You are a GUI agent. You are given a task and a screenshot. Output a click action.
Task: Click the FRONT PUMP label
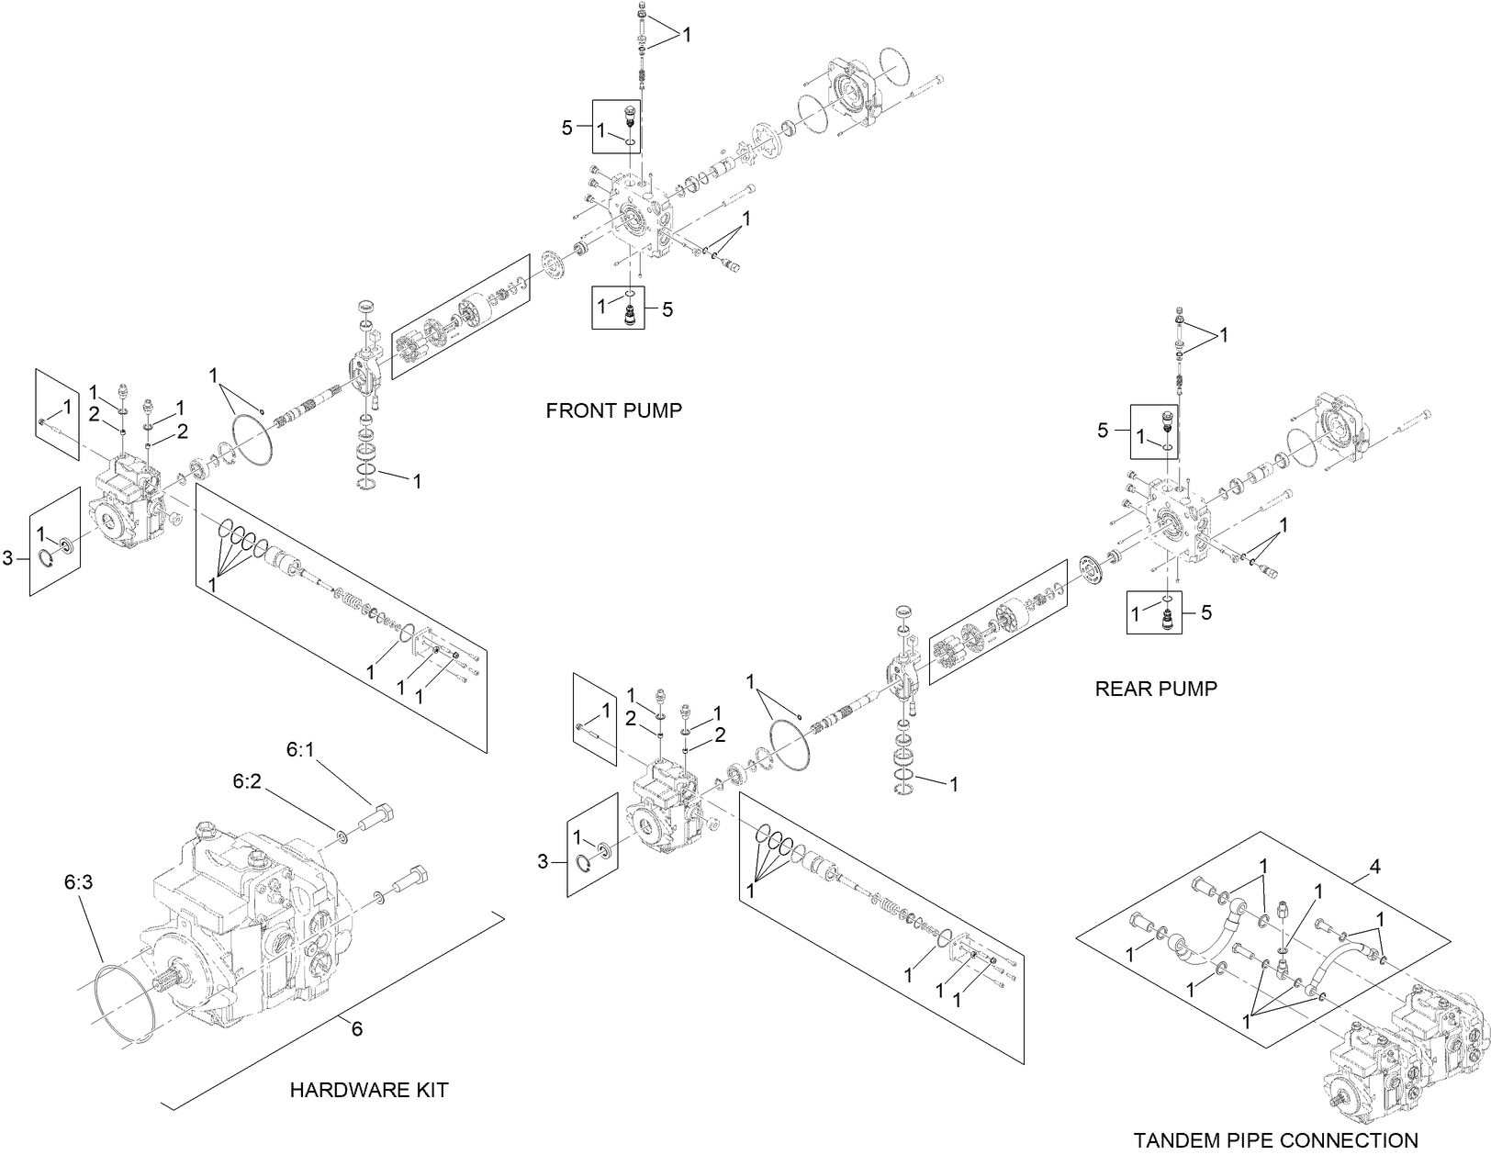(613, 410)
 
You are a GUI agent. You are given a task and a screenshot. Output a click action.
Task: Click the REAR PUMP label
(1155, 688)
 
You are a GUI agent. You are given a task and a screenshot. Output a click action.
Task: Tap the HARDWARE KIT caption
(369, 1090)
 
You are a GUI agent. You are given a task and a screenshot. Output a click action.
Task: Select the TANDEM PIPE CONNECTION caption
(1275, 1139)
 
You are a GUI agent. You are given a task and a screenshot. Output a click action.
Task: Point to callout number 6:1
(300, 750)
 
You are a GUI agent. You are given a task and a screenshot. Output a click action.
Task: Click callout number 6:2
(247, 781)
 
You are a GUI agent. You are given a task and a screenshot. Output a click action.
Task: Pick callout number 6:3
(79, 882)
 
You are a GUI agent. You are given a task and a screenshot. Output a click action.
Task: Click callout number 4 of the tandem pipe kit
(1374, 867)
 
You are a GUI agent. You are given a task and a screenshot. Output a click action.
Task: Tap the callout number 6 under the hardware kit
(357, 1029)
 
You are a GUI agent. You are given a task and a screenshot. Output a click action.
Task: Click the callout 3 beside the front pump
(8, 557)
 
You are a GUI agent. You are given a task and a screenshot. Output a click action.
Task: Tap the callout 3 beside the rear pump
(543, 861)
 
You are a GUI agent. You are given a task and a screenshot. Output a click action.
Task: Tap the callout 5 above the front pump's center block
(567, 128)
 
